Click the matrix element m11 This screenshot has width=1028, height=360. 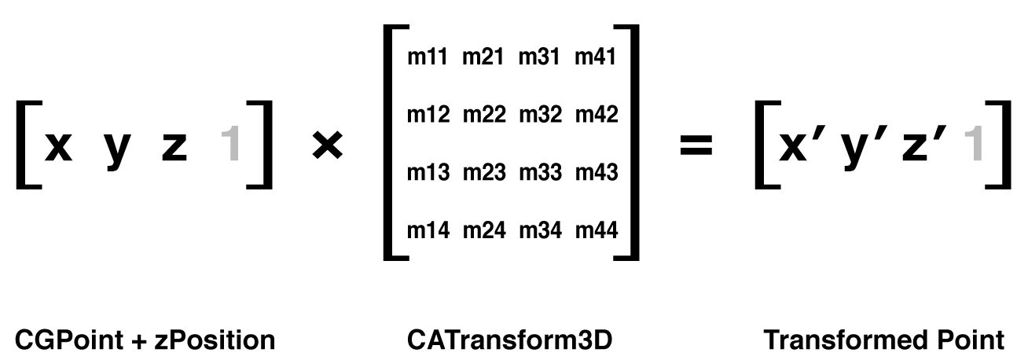click(x=428, y=57)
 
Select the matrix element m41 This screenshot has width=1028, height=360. click(x=595, y=57)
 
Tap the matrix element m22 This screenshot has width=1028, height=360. click(x=484, y=114)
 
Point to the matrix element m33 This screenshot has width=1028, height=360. click(x=540, y=172)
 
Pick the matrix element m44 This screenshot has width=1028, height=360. click(x=597, y=230)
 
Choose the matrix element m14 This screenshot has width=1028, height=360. click(x=428, y=230)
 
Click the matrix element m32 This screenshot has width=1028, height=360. click(x=540, y=114)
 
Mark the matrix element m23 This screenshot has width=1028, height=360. click(x=484, y=172)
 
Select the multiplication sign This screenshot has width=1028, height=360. click(x=327, y=145)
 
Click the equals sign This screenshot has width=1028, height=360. click(x=696, y=145)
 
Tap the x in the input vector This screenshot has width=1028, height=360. click(x=58, y=146)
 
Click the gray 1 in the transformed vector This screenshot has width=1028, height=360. click(x=974, y=144)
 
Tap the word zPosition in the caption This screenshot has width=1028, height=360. click(x=215, y=340)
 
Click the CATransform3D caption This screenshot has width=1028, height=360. click(x=510, y=340)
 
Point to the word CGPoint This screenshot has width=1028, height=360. click(x=69, y=340)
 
